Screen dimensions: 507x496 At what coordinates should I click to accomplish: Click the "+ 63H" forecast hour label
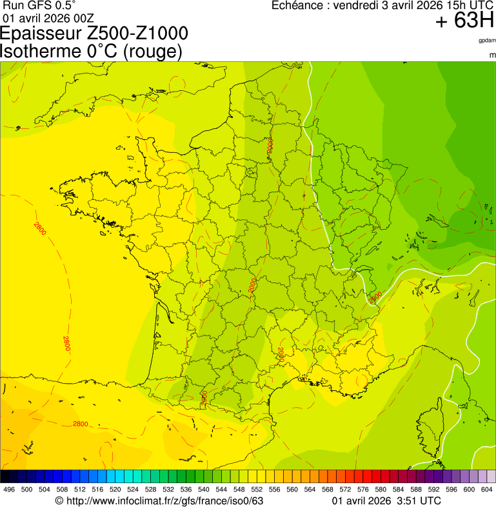point(464,21)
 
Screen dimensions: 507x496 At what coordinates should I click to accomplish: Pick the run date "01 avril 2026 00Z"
point(49,17)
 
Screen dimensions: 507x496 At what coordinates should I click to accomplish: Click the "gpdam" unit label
point(487,40)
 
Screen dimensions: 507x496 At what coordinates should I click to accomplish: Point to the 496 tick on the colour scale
point(9,490)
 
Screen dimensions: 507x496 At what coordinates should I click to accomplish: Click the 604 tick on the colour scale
point(487,490)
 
